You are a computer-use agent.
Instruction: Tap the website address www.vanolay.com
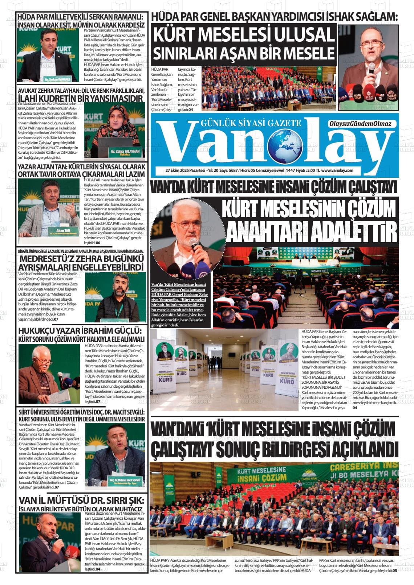click(337, 170)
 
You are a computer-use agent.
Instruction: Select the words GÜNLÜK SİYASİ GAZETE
click(251, 123)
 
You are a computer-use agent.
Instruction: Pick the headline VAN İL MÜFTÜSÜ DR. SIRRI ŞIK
click(81, 501)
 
